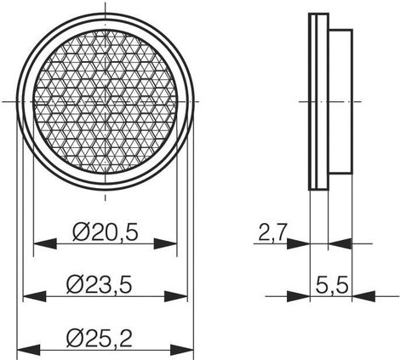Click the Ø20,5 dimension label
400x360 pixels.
[x=106, y=232]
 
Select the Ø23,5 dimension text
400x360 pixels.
[x=100, y=285]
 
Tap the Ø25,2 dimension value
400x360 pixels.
[x=100, y=338]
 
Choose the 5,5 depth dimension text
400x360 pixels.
[x=332, y=285]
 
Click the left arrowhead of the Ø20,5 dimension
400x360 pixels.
[x=45, y=243]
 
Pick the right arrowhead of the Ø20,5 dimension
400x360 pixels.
[x=165, y=243]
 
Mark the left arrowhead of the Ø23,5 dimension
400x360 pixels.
[x=34, y=296]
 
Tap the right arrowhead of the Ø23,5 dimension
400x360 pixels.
[x=176, y=296]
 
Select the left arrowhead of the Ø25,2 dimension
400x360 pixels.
[x=29, y=350]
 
